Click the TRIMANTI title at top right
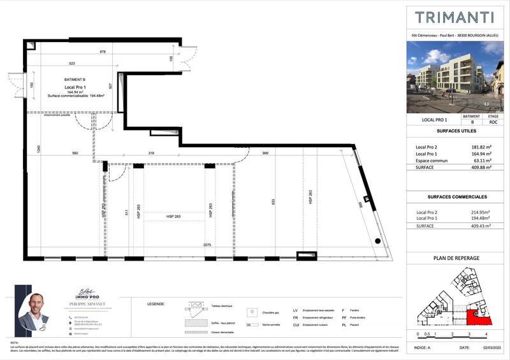pos(455,17)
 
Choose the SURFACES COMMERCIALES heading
pos(455,197)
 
